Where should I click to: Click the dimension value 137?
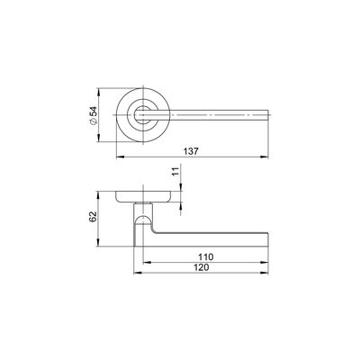pyautogui.click(x=192, y=151)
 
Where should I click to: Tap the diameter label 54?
pyautogui.click(x=94, y=112)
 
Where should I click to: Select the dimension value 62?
pyautogui.click(x=93, y=216)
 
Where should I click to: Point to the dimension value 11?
pyautogui.click(x=175, y=171)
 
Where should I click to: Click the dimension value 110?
pyautogui.click(x=205, y=257)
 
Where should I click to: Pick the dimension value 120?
pyautogui.click(x=201, y=267)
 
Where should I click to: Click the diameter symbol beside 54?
pyautogui.click(x=94, y=121)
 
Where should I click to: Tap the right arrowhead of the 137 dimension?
pyautogui.click(x=265, y=157)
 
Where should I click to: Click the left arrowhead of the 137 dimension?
pyautogui.click(x=120, y=157)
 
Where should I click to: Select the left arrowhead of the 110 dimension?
pyautogui.click(x=148, y=262)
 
